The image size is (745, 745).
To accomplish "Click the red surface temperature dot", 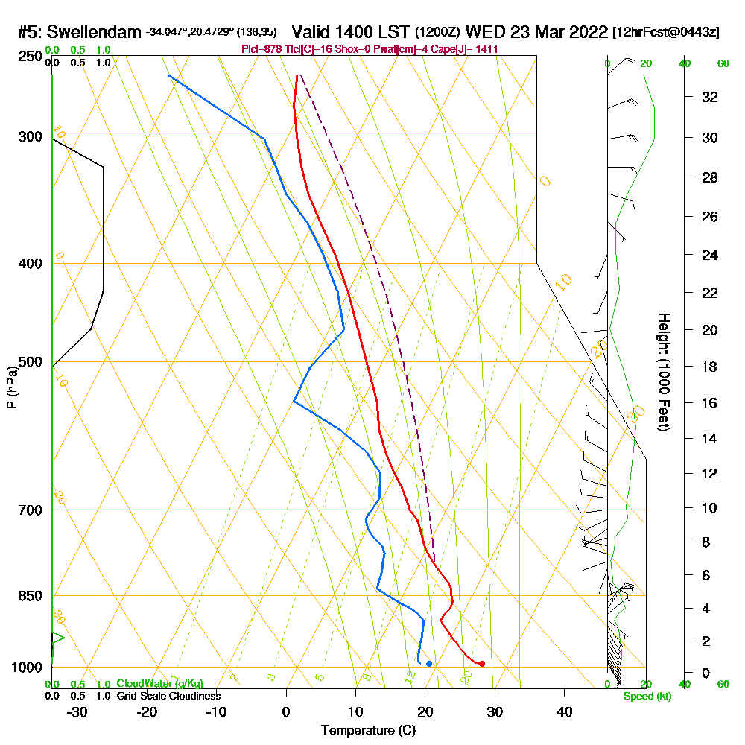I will point(482,664).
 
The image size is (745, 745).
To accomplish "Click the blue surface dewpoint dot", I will point(429,664).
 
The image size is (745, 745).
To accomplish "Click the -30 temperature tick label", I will point(77,711).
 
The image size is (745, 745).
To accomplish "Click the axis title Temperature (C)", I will point(368,731).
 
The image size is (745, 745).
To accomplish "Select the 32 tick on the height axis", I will point(710,97).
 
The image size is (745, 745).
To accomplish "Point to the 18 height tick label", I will point(710,367).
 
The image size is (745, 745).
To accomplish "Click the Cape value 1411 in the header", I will point(486,48).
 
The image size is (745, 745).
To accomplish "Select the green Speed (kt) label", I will point(647,696).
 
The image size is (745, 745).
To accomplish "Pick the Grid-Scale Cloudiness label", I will point(168,696).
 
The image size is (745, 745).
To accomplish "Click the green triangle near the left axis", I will point(57,638).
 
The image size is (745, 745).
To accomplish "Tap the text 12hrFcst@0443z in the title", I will point(666,33).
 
